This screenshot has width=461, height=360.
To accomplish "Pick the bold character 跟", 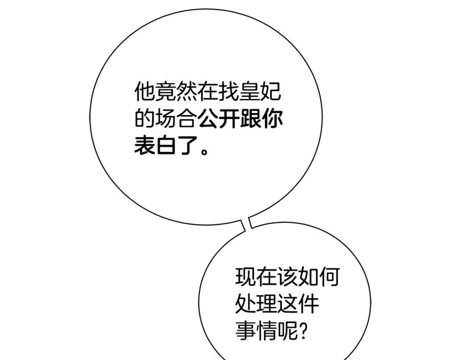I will click(x=250, y=119).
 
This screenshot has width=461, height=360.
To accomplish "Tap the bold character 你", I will click(x=272, y=119).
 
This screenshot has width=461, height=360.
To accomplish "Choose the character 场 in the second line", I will click(x=165, y=119).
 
